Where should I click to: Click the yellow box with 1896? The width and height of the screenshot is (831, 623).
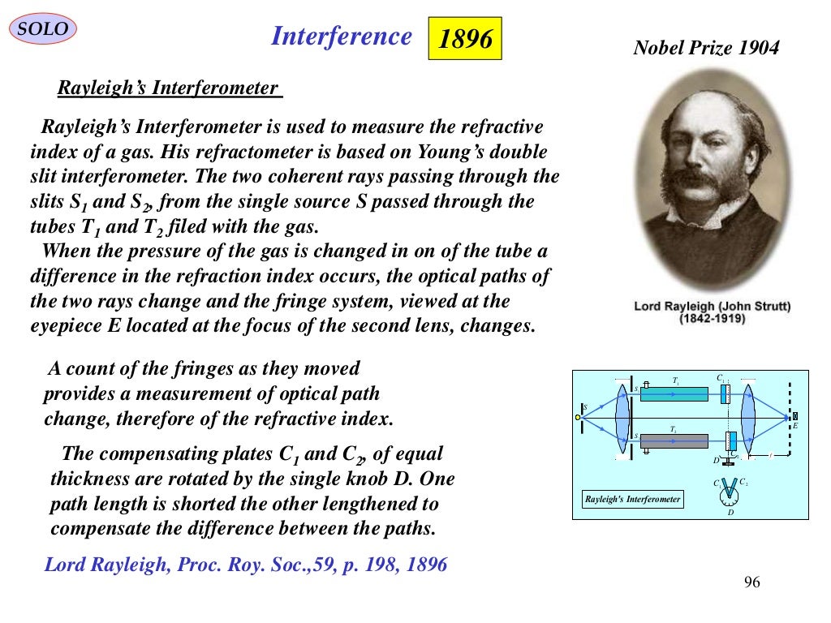465,39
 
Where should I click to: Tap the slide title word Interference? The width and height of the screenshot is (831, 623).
341,37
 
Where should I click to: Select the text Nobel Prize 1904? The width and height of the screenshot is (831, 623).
705,48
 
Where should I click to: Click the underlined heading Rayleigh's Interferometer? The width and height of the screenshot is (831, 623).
168,88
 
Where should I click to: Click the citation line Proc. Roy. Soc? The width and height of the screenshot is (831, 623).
243,565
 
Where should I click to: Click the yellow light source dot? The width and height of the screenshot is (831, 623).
579,417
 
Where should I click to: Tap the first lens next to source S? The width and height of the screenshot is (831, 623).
622,417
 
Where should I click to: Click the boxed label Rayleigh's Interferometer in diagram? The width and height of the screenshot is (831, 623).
632,499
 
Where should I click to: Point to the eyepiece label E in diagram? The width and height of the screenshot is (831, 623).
795,426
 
